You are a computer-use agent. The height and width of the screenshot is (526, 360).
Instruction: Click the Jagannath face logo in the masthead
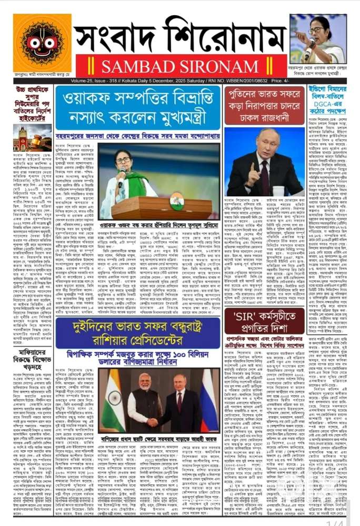(42, 43)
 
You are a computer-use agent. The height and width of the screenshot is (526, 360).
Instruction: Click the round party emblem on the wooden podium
(173, 200)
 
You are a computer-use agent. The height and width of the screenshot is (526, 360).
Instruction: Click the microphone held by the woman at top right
(307, 46)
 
